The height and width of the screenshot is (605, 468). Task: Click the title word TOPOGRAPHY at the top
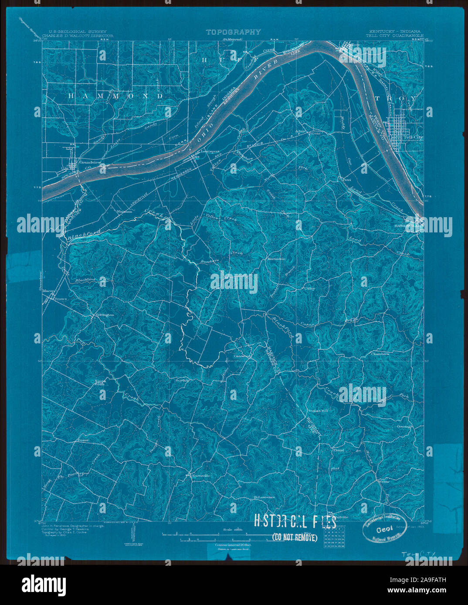pyautogui.click(x=233, y=32)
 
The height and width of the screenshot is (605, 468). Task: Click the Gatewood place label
pyautogui.click(x=242, y=356)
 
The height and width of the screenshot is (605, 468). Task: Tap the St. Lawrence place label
pyautogui.click(x=264, y=497)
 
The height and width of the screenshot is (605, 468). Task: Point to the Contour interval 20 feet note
pyautogui.click(x=232, y=545)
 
